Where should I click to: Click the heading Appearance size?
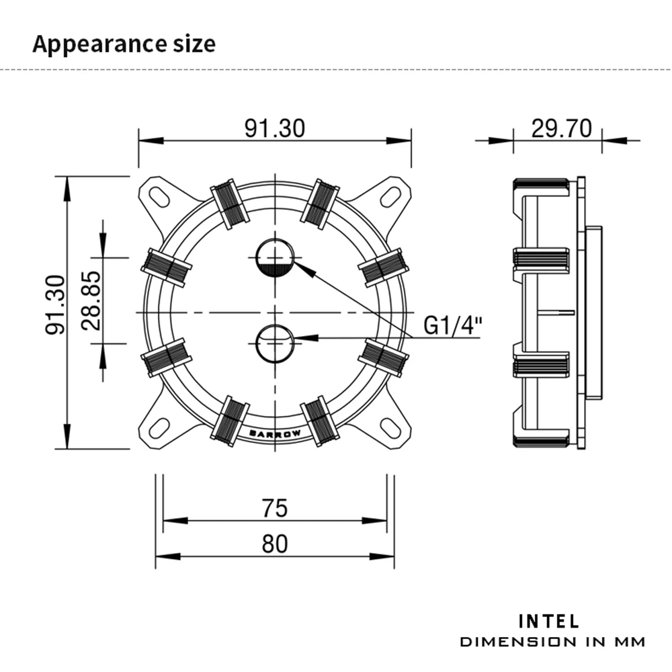tap(124, 44)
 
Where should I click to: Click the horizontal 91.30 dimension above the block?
tap(274, 128)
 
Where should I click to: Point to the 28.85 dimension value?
tap(91, 300)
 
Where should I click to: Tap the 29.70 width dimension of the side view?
tap(561, 128)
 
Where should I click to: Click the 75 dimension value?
tap(274, 508)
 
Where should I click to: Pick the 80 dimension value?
tap(274, 544)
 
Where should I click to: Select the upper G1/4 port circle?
tap(275, 257)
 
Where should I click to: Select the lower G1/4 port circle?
tap(275, 342)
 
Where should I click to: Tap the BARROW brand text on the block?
tap(275, 433)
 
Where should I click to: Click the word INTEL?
tap(549, 620)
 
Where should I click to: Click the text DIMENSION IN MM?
tap(552, 642)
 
